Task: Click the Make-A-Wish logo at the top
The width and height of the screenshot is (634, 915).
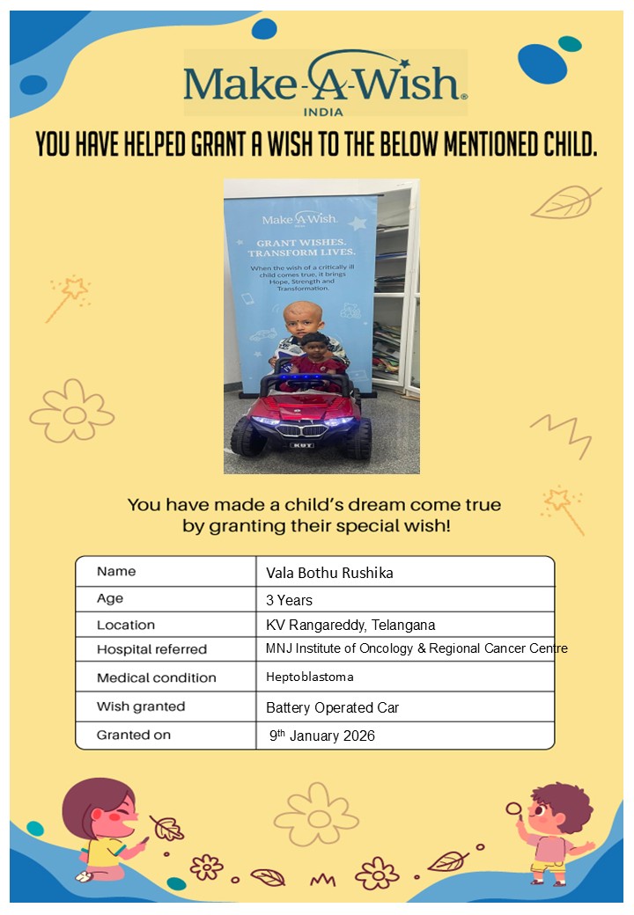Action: point(325,81)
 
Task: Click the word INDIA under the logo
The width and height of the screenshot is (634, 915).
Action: point(323,112)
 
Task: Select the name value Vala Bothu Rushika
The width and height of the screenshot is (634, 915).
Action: point(329,573)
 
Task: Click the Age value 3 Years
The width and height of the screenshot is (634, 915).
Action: point(289,600)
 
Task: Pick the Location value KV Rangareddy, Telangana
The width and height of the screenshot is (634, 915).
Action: point(350,626)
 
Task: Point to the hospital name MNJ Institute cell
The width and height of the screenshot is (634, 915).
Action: point(416,648)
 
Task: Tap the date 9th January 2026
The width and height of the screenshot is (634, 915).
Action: point(322,736)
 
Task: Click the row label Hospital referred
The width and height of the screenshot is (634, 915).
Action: point(151,649)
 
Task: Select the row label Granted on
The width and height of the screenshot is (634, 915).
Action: point(134,735)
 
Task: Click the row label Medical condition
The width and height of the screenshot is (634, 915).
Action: point(156,677)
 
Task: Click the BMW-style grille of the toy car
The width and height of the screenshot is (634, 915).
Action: point(301,431)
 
